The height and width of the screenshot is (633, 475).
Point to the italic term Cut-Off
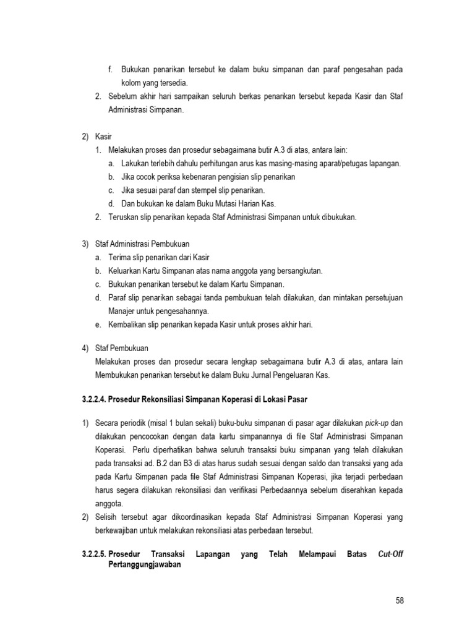tap(391, 554)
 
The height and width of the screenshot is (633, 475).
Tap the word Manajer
tap(124, 310)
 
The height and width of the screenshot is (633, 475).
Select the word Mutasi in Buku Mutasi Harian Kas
tap(221, 203)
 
